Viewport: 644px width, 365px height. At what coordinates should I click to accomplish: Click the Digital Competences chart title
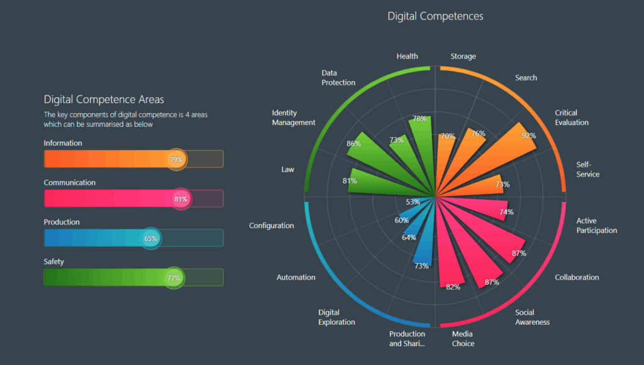point(435,16)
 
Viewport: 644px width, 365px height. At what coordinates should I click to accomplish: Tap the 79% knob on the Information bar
point(176,159)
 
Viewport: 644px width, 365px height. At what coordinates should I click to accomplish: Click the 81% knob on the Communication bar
point(180,199)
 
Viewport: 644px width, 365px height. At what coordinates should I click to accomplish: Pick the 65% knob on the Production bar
point(150,238)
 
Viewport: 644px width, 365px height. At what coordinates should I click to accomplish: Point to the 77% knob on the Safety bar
point(173,278)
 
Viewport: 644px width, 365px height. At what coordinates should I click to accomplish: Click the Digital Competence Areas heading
point(104,99)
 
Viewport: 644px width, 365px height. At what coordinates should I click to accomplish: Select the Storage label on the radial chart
point(463,57)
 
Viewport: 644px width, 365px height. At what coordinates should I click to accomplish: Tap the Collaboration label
point(577,277)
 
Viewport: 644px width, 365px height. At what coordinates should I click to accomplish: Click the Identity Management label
point(294,117)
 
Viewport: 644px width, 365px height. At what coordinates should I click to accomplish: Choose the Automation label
point(296,277)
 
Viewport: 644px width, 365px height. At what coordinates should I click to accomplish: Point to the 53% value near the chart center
point(413,202)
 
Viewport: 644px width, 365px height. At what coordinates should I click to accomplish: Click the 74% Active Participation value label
point(506,212)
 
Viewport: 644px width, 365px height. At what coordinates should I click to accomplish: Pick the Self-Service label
point(588,169)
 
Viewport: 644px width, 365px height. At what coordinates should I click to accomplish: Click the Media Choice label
point(463,339)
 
